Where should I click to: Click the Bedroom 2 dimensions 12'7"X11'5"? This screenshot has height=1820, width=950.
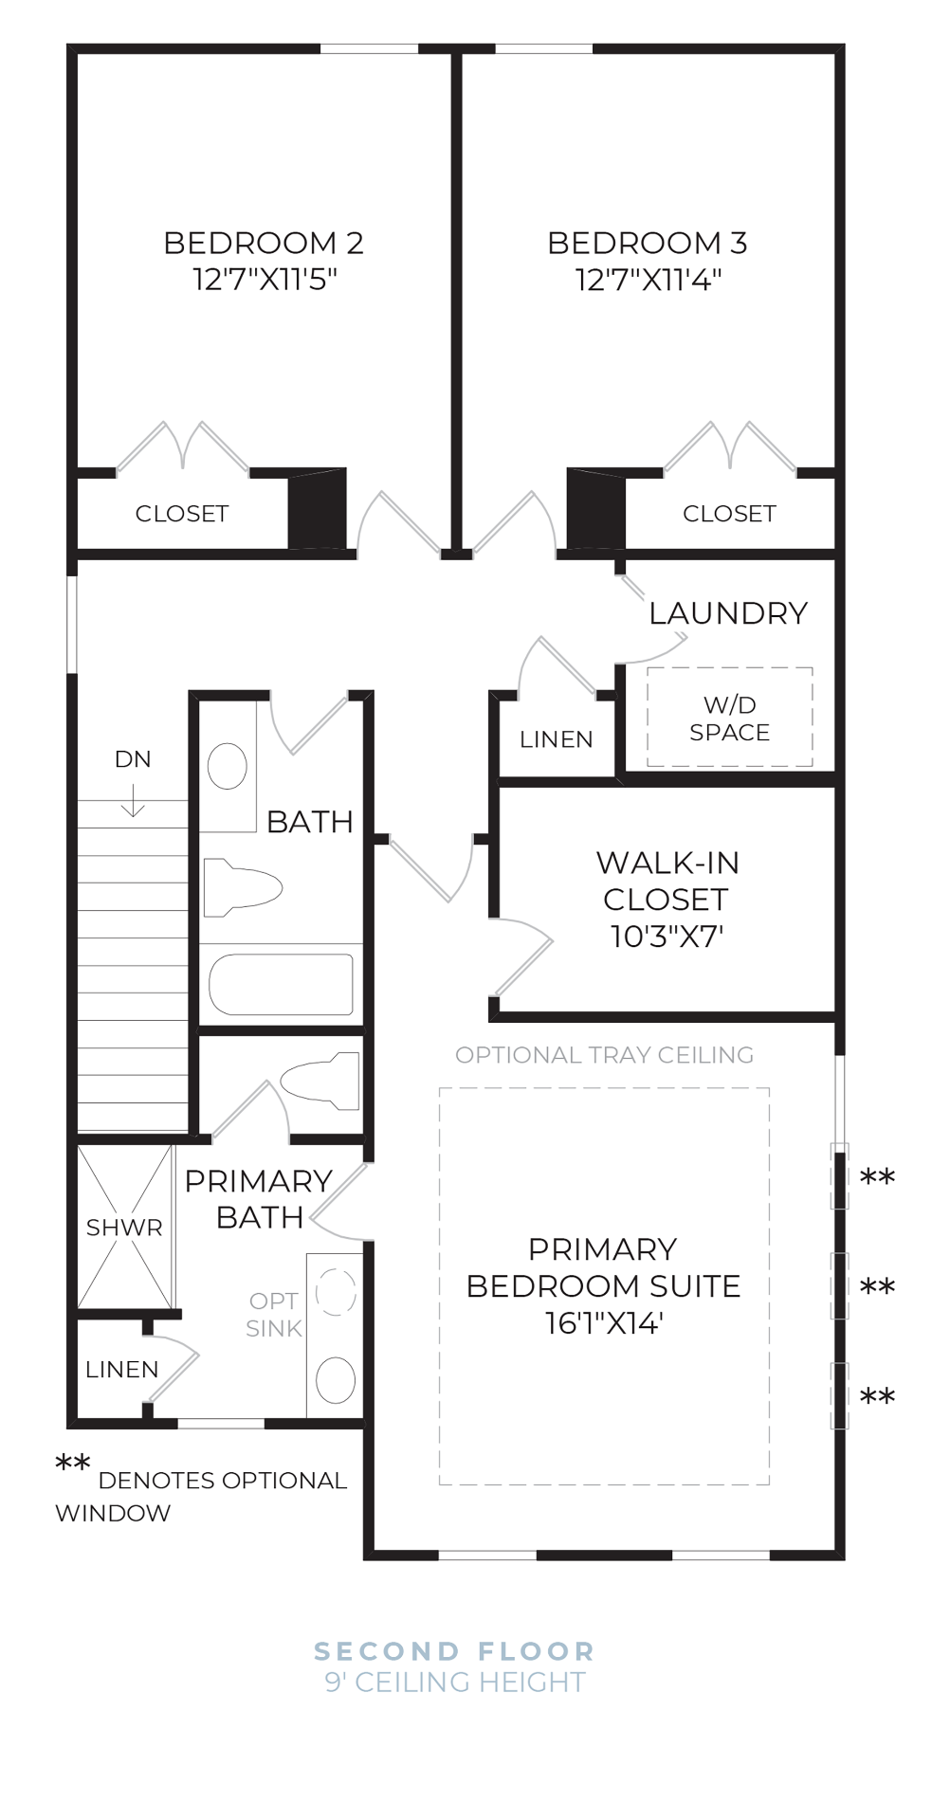(x=265, y=280)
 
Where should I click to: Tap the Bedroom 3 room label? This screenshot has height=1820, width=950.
(x=648, y=244)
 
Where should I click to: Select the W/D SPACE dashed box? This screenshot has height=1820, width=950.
(x=729, y=718)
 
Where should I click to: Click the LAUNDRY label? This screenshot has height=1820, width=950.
(x=728, y=613)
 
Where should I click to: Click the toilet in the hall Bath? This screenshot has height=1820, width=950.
(x=243, y=888)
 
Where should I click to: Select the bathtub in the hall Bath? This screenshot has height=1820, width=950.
(x=281, y=984)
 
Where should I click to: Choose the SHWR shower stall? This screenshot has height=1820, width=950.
(x=124, y=1228)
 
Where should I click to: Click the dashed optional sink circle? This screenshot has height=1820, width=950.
(x=335, y=1292)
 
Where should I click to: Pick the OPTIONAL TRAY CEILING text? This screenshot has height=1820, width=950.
(x=604, y=1055)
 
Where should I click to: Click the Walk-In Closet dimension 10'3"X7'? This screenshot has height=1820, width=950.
(x=667, y=937)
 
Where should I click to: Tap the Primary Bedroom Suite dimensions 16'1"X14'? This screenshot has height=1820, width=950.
(x=603, y=1322)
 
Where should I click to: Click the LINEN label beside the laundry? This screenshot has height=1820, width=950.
(x=557, y=739)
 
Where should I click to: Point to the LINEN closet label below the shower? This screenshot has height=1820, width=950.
(x=121, y=1370)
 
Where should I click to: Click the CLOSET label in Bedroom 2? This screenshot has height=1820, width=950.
(x=182, y=514)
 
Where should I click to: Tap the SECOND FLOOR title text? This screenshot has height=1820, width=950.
(x=454, y=1651)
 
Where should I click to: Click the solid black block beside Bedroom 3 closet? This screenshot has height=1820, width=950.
(x=595, y=508)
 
